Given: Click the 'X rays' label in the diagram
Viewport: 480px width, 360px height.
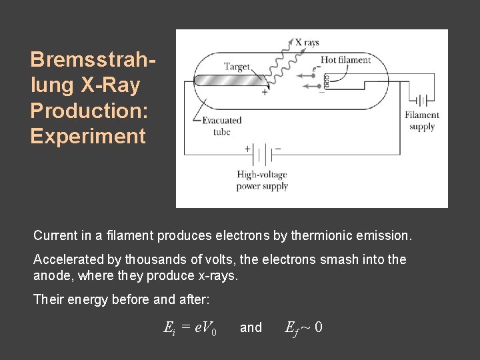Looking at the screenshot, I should (x=307, y=43).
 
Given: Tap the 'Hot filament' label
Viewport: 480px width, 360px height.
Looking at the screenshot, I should (x=345, y=60).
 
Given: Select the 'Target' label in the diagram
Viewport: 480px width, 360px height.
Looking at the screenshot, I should (x=237, y=66).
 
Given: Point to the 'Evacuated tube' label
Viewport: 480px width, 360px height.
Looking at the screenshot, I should (x=221, y=126).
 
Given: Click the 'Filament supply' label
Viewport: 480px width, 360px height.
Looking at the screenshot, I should (x=422, y=121).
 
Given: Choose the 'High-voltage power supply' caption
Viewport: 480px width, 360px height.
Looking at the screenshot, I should (x=262, y=180).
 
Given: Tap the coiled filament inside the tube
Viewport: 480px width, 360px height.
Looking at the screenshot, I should (x=327, y=81).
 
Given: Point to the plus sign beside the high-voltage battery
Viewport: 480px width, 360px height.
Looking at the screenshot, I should (x=247, y=149).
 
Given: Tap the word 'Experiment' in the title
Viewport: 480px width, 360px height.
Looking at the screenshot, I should (x=87, y=136).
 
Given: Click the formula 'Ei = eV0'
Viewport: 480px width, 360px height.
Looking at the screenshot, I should (x=190, y=327).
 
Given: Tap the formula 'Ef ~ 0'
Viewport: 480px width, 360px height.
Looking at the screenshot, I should (x=304, y=327).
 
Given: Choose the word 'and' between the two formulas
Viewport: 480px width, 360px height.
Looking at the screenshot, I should (x=251, y=327).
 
